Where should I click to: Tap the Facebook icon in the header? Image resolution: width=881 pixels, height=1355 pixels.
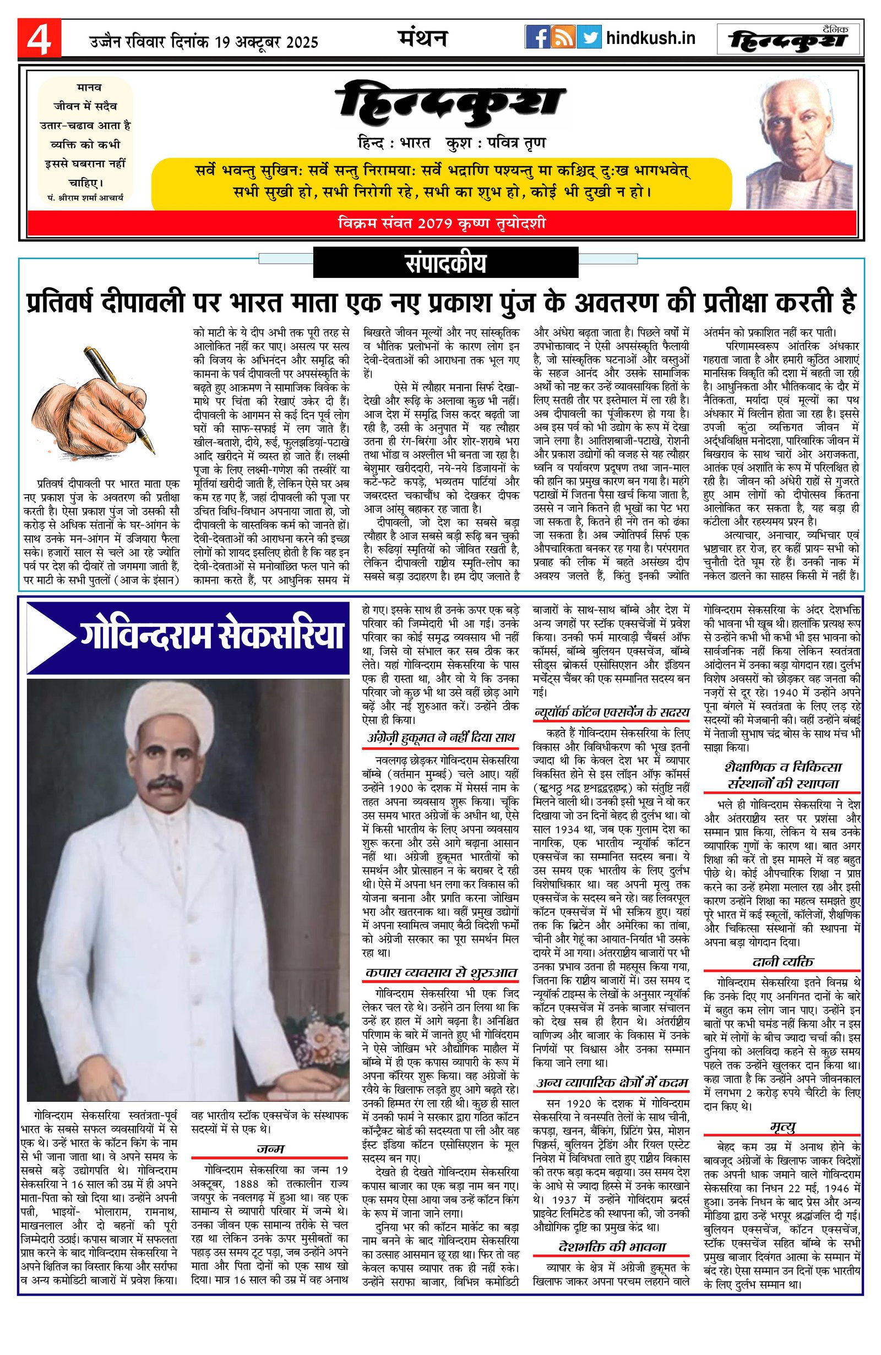[536, 38]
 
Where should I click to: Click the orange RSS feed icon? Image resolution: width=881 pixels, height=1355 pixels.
[563, 38]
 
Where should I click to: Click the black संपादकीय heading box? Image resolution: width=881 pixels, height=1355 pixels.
[445, 264]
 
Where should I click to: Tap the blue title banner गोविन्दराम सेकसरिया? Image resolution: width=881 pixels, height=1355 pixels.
[188, 638]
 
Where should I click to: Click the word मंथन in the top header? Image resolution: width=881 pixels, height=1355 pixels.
[422, 37]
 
